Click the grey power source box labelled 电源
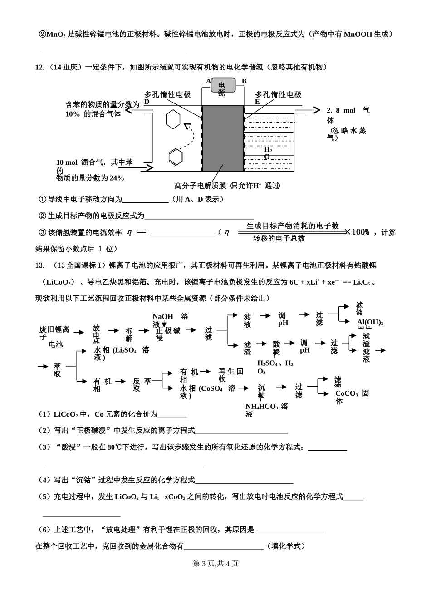pyautogui.click(x=222, y=85)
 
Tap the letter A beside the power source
pyautogui.click(x=208, y=82)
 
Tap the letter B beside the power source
pyautogui.click(x=244, y=82)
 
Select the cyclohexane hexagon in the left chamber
pyautogui.click(x=173, y=120)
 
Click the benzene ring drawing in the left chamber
pyautogui.click(x=175, y=157)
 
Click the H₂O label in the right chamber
pyautogui.click(x=268, y=153)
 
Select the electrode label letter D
pyautogui.click(x=147, y=102)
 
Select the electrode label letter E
pyautogui.click(x=257, y=102)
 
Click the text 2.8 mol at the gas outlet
pyautogui.click(x=341, y=110)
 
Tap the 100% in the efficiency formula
pyautogui.click(x=361, y=232)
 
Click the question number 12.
pyautogui.click(x=39, y=67)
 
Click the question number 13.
pyautogui.click(x=39, y=265)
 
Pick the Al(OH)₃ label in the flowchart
pyautogui.click(x=370, y=322)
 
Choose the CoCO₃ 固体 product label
pyautogui.click(x=352, y=397)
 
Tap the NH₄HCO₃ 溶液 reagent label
pyautogui.click(x=267, y=410)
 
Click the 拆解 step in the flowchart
pyautogui.click(x=129, y=334)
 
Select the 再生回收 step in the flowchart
pyautogui.click(x=230, y=375)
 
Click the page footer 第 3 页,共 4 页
pyautogui.click(x=215, y=564)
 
